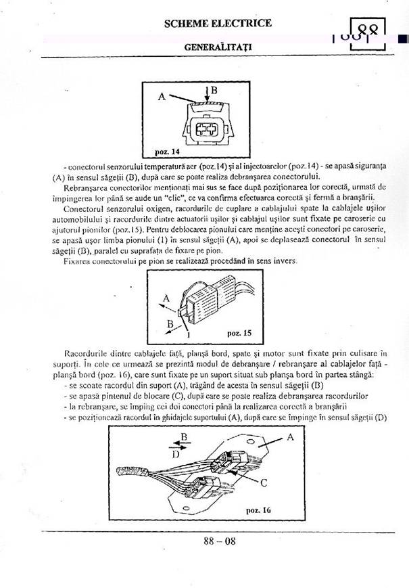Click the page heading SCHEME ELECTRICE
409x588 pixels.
(218, 24)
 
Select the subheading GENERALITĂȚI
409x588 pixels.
(218, 49)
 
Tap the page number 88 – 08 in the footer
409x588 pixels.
(220, 541)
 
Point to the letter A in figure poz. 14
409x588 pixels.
(162, 96)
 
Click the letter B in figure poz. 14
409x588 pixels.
(213, 89)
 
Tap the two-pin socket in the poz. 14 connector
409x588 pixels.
(203, 129)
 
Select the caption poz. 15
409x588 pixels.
(239, 334)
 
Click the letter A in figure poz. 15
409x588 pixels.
(166, 296)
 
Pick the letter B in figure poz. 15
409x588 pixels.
(170, 323)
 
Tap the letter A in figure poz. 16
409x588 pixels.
(291, 437)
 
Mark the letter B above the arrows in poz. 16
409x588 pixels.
(183, 436)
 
